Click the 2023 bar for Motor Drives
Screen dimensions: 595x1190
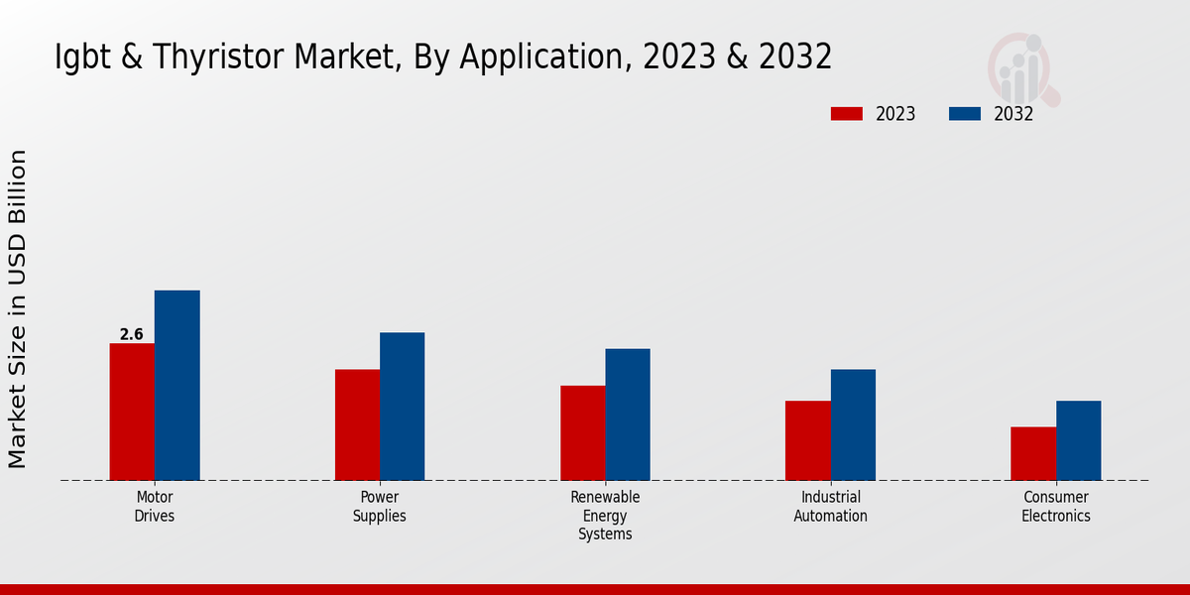[x=132, y=412]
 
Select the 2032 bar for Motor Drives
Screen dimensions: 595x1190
[x=177, y=385]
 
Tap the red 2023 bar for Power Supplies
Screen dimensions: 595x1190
[x=357, y=424]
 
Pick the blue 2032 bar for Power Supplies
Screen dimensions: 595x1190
[x=402, y=406]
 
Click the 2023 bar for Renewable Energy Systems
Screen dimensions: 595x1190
[x=582, y=432]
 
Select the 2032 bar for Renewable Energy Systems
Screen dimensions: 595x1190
[x=628, y=415]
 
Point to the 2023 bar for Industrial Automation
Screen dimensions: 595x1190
[x=807, y=440]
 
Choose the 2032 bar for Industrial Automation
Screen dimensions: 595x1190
[x=853, y=424]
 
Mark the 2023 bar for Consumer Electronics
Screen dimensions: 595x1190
[x=1033, y=453]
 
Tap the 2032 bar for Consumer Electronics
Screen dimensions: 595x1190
[x=1078, y=440]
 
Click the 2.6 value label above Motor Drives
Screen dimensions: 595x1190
[x=132, y=335]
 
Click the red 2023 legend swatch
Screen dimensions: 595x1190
[x=846, y=114]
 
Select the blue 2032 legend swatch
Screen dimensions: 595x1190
[x=964, y=114]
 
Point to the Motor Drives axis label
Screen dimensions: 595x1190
[x=155, y=507]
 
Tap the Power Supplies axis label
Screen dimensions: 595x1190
[x=380, y=507]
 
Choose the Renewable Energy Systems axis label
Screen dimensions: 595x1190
[x=605, y=516]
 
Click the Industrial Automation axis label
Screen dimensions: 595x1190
[x=831, y=507]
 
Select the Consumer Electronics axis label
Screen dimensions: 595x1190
[x=1056, y=507]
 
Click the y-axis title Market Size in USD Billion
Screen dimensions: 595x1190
[x=18, y=308]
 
